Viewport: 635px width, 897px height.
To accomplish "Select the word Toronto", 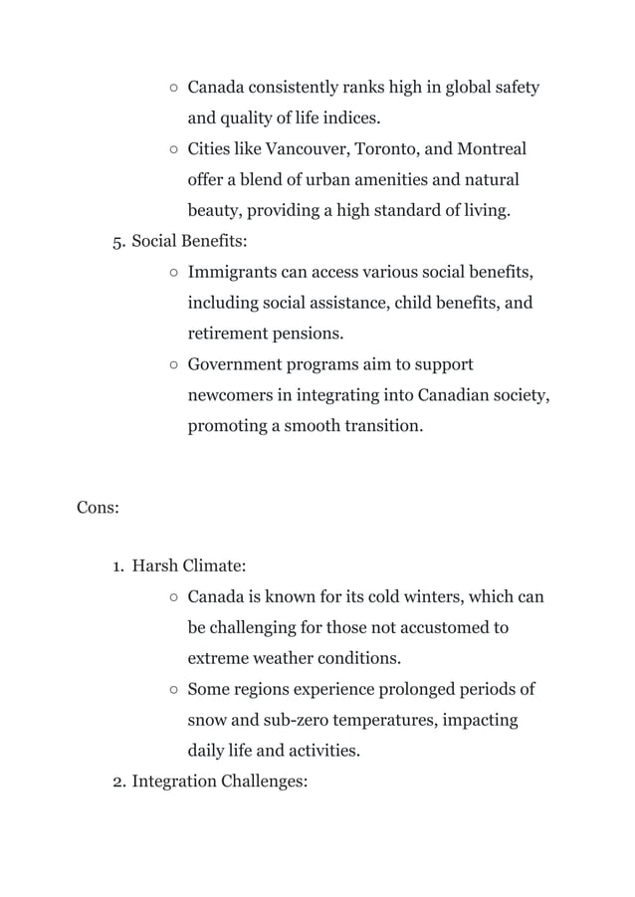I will tap(384, 149).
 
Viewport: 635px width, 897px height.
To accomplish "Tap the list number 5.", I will tap(116, 241).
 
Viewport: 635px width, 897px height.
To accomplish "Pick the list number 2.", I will tap(116, 783).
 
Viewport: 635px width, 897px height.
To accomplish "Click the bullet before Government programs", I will tap(173, 364).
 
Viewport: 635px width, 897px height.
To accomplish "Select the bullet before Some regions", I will tap(173, 689).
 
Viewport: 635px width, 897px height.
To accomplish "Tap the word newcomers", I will tap(231, 395).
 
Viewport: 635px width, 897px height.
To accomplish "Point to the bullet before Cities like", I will tap(173, 150).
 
